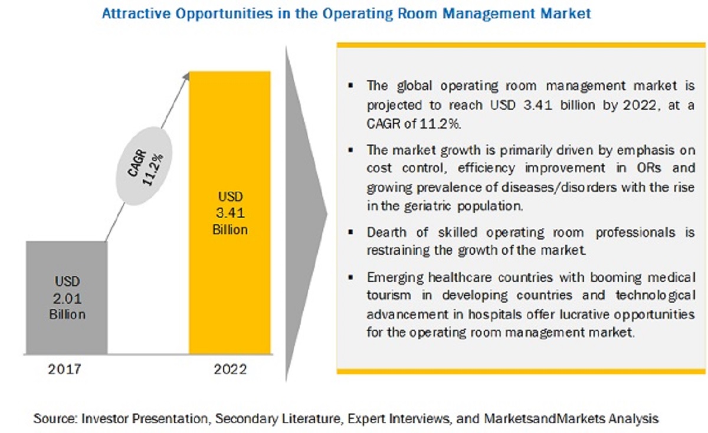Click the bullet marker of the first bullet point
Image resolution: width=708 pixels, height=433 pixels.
coord(352,86)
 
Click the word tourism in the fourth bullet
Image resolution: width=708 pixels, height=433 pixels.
coord(388,294)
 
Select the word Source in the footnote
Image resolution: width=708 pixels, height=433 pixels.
coord(54,419)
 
